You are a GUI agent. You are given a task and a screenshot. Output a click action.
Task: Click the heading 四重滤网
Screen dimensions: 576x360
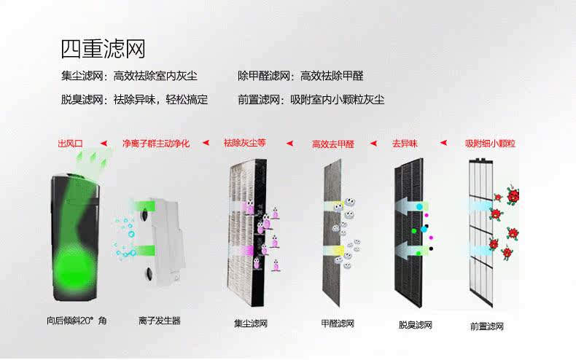[x=104, y=49]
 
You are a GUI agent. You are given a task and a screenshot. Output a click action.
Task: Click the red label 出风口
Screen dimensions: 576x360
[x=70, y=144]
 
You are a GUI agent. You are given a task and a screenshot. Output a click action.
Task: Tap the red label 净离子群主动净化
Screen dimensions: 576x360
[x=156, y=144]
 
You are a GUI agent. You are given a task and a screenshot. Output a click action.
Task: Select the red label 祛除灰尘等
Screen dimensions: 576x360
[x=245, y=143]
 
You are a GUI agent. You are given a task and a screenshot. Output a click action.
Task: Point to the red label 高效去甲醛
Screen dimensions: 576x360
[x=333, y=144]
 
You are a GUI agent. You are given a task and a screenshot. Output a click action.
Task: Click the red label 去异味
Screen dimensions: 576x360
[x=405, y=144]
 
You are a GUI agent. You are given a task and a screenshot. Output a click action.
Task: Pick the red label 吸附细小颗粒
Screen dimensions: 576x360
[x=491, y=144]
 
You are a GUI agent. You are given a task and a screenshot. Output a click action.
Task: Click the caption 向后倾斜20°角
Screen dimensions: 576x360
[x=77, y=321]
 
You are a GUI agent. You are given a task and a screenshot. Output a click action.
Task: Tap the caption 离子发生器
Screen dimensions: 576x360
[x=160, y=321]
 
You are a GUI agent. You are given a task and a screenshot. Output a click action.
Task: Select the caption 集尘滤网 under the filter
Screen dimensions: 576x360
[x=251, y=324]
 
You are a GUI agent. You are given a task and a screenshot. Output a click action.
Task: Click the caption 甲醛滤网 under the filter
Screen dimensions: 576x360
[x=338, y=324]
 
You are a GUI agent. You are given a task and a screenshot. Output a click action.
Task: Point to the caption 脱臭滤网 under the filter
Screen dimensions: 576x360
[x=416, y=325]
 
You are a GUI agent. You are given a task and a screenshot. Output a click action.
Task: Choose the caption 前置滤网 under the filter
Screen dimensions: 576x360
[x=487, y=326]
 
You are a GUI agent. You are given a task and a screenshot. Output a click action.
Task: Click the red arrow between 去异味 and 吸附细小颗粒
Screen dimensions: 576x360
[x=444, y=143]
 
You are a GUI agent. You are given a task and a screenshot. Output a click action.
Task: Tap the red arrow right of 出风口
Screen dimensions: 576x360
[x=104, y=144]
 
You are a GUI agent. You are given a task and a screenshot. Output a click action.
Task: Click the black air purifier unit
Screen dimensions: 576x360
[x=75, y=237]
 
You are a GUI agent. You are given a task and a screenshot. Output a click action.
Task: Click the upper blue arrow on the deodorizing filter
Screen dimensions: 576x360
[x=411, y=206]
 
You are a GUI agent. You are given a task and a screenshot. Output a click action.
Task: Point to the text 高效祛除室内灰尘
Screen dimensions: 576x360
[x=155, y=76]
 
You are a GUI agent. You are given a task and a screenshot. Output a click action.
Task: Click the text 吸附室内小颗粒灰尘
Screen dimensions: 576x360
[x=338, y=100]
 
